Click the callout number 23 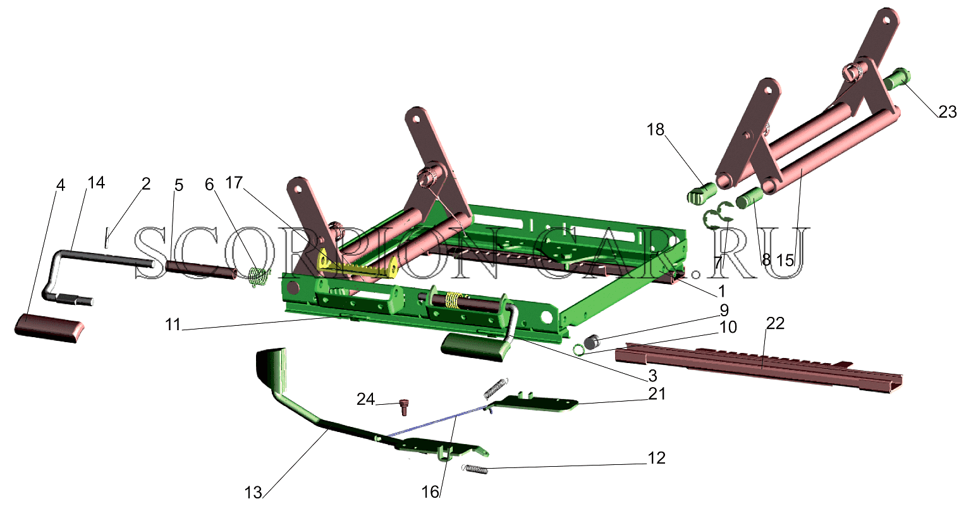(x=947, y=113)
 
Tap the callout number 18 (x=656, y=129)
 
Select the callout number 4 (x=61, y=185)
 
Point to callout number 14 (x=96, y=183)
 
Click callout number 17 (x=234, y=183)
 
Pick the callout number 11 (x=173, y=324)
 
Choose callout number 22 (x=775, y=323)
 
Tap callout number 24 (x=365, y=399)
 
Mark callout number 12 (x=656, y=458)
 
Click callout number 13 (x=253, y=493)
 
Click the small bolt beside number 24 (x=403, y=407)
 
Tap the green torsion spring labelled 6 (x=260, y=278)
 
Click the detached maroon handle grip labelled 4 (x=50, y=329)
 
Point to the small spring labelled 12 (x=475, y=469)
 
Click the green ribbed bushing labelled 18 (x=701, y=194)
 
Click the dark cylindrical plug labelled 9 (x=591, y=342)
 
